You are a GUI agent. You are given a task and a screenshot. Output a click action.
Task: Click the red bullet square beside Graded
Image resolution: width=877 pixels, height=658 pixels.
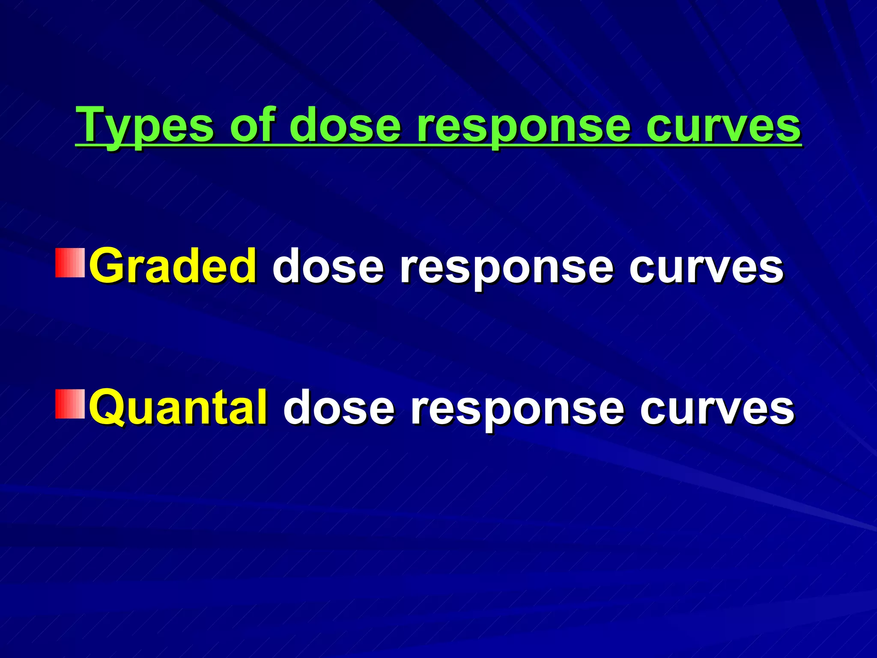click(70, 263)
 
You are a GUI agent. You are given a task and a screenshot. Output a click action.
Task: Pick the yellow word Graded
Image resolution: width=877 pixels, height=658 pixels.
click(173, 266)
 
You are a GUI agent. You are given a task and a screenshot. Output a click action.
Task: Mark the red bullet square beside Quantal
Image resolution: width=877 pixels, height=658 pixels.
click(70, 404)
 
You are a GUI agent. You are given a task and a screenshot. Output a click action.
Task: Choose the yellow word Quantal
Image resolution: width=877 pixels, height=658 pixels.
click(179, 408)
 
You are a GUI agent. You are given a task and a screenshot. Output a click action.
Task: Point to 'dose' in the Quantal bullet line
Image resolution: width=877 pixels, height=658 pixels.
click(339, 408)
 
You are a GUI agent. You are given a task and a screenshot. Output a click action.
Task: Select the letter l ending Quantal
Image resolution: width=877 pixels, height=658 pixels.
click(262, 405)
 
